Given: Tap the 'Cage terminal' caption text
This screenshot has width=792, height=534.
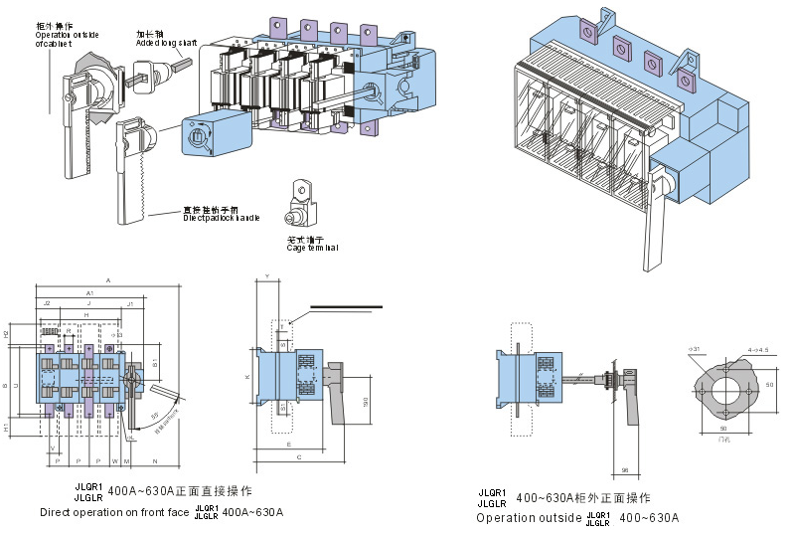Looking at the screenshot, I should tap(309, 247).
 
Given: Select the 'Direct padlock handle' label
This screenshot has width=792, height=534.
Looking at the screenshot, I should tap(220, 216).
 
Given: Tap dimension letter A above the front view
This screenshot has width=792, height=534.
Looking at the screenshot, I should tap(107, 282).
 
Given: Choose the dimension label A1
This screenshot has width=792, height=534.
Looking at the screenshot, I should tap(89, 293).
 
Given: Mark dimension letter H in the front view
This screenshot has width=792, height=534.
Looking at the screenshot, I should tap(86, 314).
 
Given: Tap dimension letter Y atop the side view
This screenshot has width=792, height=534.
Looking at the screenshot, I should tap(267, 274).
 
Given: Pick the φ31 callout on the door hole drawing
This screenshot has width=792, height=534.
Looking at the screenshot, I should tap(695, 349).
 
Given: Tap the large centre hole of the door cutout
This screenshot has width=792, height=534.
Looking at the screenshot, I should tap(726, 383).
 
